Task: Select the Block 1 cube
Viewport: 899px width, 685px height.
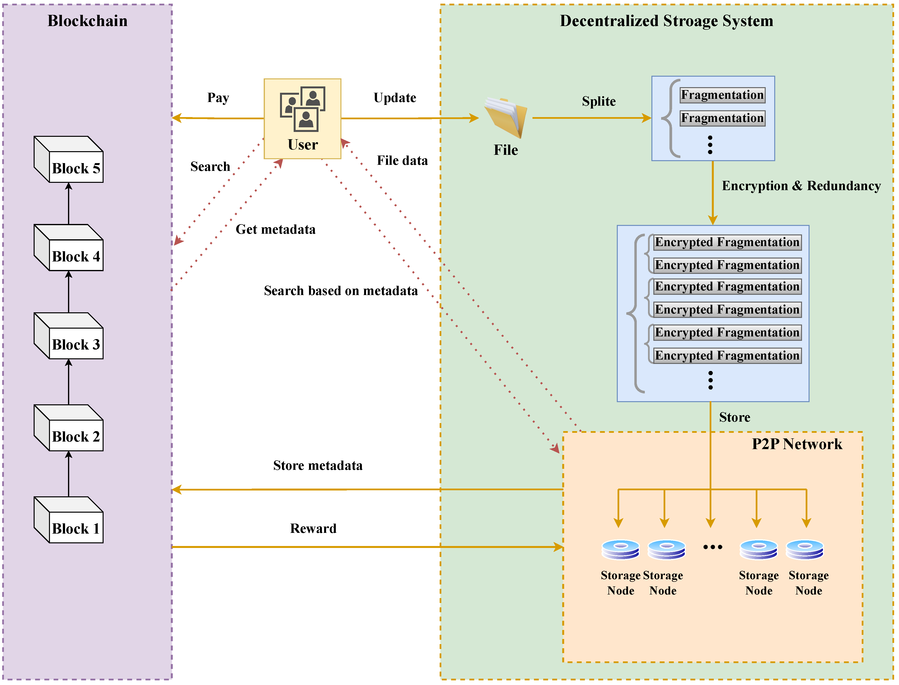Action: coord(68,520)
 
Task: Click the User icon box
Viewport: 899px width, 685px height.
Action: coord(302,119)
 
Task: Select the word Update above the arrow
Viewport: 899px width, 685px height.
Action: coord(395,98)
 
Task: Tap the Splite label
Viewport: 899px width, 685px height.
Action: coord(599,101)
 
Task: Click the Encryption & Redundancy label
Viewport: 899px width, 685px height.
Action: coord(801,186)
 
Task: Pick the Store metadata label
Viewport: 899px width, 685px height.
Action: coord(318,466)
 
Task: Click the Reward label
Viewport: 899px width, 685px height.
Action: coord(313,529)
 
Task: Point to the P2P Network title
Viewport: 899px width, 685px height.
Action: coord(797,444)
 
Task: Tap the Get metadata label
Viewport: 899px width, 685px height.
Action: coord(275,230)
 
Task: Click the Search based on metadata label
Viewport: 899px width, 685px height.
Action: coord(341,291)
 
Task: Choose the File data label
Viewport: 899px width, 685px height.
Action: coord(402,161)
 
